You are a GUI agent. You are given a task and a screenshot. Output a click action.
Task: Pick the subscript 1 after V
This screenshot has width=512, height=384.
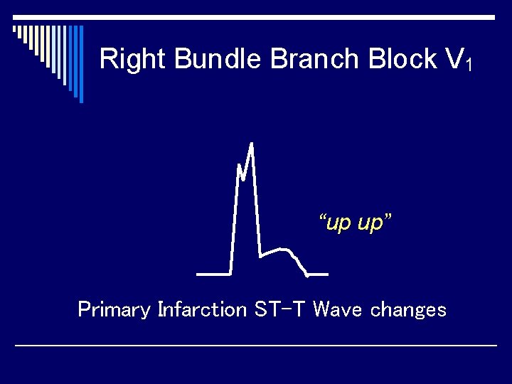tap(469, 65)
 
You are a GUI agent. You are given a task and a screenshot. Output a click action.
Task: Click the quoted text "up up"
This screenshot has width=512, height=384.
tap(356, 223)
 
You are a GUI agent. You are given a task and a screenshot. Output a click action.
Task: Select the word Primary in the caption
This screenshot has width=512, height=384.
tap(114, 310)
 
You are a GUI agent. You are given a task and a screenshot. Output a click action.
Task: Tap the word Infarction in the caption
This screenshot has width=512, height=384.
tap(202, 310)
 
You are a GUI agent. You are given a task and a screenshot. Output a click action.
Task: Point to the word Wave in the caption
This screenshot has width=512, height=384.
tap(338, 310)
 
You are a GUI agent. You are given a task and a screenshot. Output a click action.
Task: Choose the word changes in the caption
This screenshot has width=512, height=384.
tap(409, 310)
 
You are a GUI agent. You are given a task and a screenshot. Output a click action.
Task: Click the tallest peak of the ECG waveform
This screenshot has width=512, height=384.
tap(251, 145)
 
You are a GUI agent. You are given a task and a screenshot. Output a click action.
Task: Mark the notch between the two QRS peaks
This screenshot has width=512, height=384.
tap(244, 178)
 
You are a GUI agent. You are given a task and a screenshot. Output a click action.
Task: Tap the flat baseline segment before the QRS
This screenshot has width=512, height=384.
tap(213, 273)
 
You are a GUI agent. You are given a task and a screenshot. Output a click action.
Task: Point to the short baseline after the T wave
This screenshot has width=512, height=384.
tap(318, 274)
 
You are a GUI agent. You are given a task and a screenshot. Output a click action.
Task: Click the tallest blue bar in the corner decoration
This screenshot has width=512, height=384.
tap(80, 64)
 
